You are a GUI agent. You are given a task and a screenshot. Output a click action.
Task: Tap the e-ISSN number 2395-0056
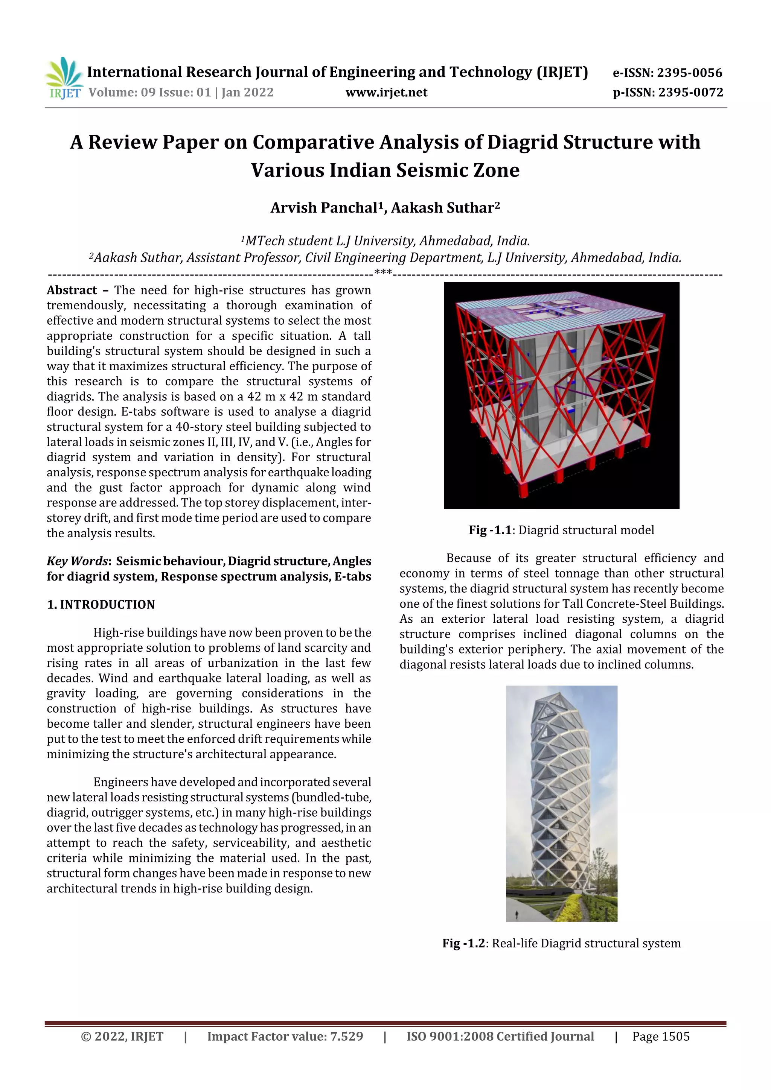(689, 73)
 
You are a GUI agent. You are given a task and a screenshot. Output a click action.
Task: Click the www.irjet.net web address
(386, 93)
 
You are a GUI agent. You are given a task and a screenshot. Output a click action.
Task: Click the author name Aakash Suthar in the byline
(442, 208)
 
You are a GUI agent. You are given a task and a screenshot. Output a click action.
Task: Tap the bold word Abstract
(72, 290)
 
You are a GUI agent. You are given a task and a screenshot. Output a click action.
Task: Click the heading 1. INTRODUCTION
(101, 604)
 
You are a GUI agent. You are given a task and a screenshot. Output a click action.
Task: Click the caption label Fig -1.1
(490, 530)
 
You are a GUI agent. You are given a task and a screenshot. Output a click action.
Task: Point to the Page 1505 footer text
(660, 1036)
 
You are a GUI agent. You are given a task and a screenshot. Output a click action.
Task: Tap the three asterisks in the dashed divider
(383, 272)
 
